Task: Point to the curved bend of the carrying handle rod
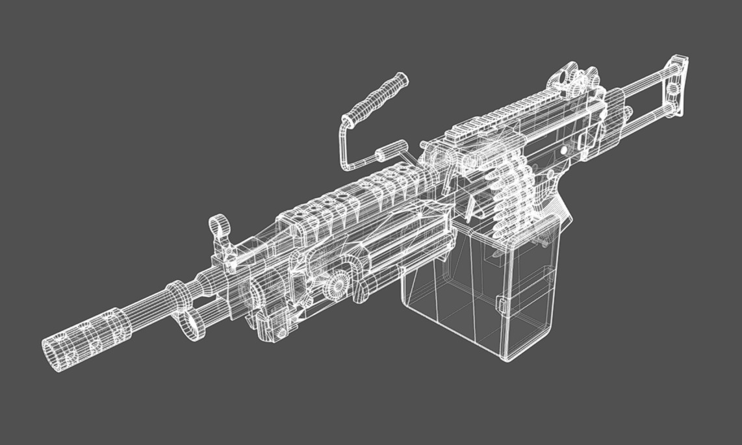[x=344, y=127]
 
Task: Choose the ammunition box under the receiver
[x=481, y=292]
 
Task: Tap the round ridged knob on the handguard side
[x=337, y=286]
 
